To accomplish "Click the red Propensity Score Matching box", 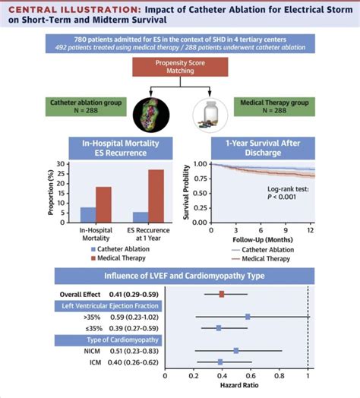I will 179,69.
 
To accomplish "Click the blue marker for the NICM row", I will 236,351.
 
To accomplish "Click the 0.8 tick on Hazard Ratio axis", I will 279,376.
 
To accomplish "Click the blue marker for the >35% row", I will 248,316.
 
